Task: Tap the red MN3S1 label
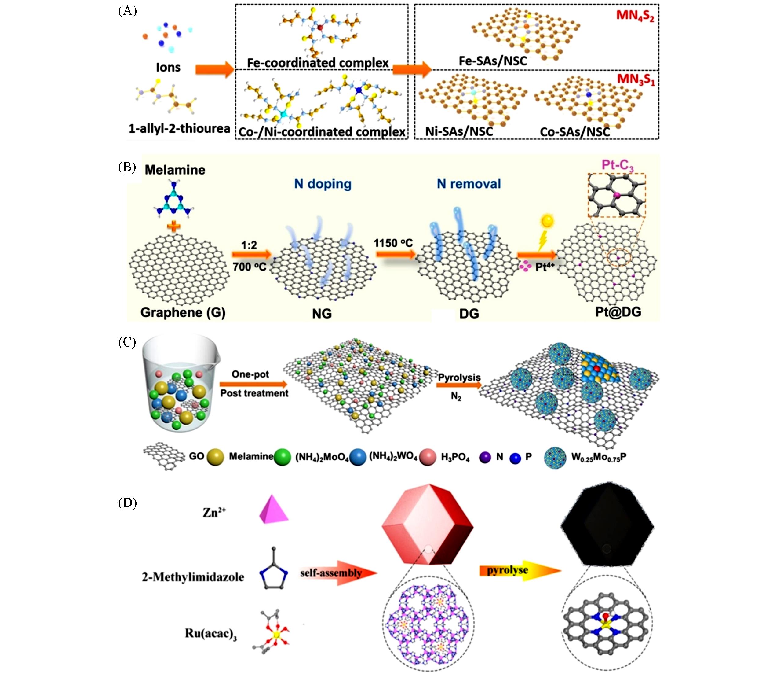pyautogui.click(x=636, y=79)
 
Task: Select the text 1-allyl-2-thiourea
pyautogui.click(x=179, y=129)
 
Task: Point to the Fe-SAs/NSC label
pyautogui.click(x=493, y=61)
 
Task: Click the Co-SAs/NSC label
pyautogui.click(x=575, y=132)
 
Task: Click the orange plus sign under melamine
pyautogui.click(x=174, y=227)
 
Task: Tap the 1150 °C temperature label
pyautogui.click(x=393, y=243)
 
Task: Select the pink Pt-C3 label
pyautogui.click(x=618, y=165)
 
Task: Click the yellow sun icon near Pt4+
pyautogui.click(x=548, y=220)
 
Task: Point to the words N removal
pyautogui.click(x=469, y=184)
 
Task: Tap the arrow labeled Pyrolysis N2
pyautogui.click(x=459, y=385)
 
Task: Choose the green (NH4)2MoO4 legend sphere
pyautogui.click(x=282, y=457)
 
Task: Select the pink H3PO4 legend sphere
pyautogui.click(x=428, y=457)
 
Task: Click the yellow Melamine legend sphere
pyautogui.click(x=215, y=457)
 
